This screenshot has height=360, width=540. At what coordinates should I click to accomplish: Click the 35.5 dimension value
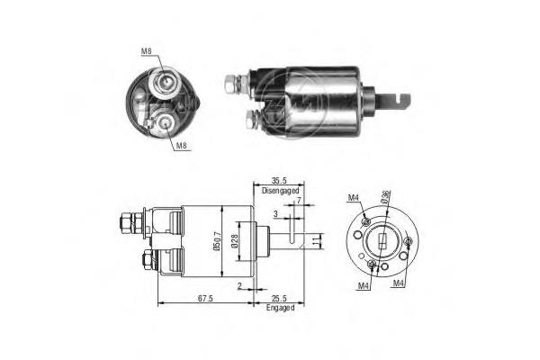[279, 181]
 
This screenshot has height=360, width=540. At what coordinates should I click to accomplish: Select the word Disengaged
[280, 190]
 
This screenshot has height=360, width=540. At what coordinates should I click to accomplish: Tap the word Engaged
[280, 308]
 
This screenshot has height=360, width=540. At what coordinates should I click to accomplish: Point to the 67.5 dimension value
[205, 298]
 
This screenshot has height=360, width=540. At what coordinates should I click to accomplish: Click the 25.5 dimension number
[279, 298]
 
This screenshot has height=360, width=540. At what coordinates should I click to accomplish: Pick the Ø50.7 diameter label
[217, 241]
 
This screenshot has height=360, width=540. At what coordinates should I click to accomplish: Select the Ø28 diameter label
[235, 241]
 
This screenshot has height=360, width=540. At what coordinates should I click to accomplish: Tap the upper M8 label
[147, 51]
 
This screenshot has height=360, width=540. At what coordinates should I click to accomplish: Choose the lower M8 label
[181, 146]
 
